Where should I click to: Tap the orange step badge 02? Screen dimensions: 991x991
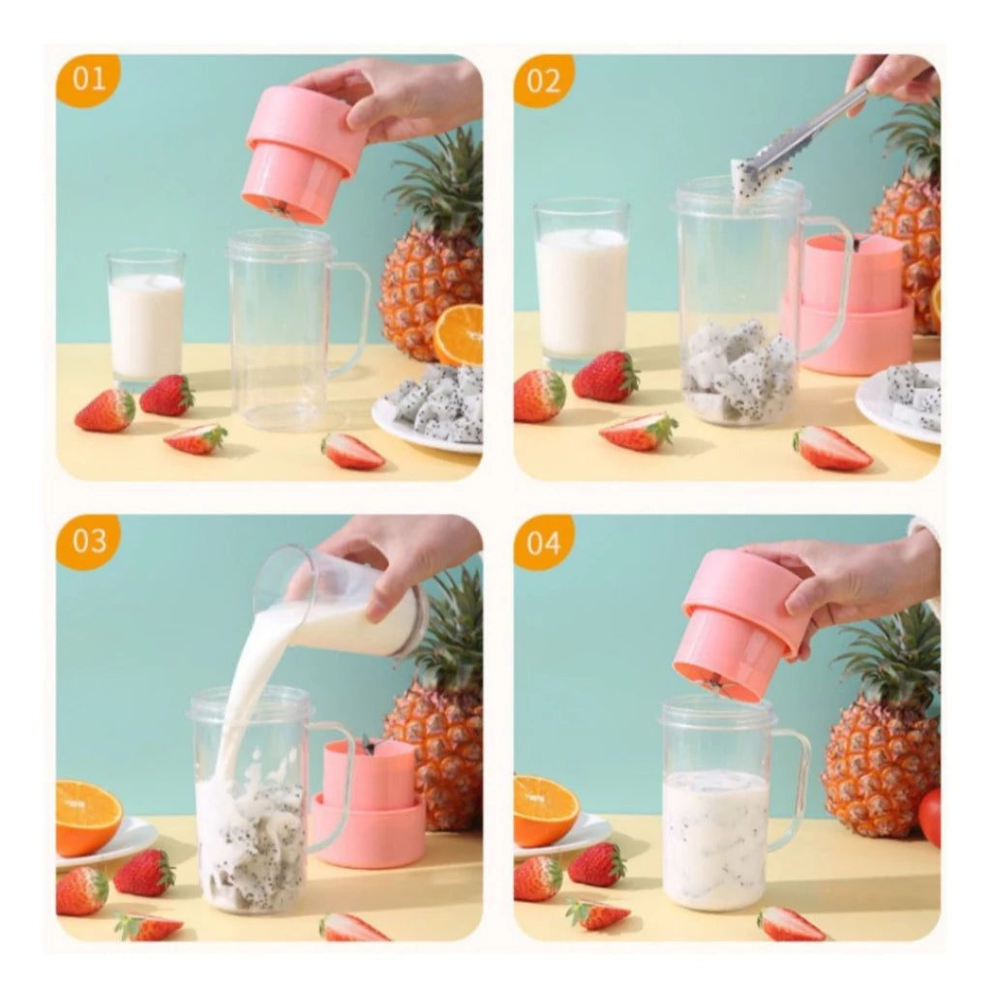pyautogui.click(x=544, y=79)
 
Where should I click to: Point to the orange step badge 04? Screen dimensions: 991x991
pyautogui.click(x=544, y=541)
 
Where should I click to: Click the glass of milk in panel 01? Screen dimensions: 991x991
pyautogui.click(x=145, y=319)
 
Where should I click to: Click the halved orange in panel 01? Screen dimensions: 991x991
pyautogui.click(x=460, y=334)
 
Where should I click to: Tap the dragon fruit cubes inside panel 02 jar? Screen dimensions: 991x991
pyautogui.click(x=737, y=373)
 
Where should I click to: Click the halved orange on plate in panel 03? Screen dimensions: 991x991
pyautogui.click(x=87, y=816)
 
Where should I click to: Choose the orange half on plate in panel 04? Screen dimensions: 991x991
pyautogui.click(x=545, y=810)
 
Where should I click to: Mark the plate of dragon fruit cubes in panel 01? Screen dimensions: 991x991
pyautogui.click(x=431, y=406)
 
